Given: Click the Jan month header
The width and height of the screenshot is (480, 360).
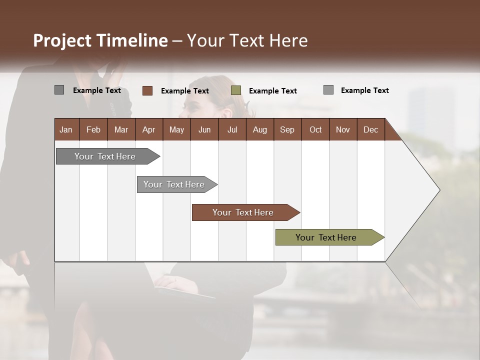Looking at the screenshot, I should [x=66, y=129].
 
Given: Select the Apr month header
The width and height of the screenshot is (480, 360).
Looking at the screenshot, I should [x=148, y=129].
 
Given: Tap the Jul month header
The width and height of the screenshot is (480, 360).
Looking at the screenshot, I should [x=232, y=129].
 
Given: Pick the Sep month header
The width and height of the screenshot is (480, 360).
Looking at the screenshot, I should [x=287, y=129].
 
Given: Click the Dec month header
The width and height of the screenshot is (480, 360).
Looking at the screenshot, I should [x=370, y=129].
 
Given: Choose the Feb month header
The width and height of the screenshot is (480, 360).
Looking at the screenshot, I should [x=93, y=129].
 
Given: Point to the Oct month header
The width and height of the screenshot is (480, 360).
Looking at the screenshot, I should [x=315, y=129].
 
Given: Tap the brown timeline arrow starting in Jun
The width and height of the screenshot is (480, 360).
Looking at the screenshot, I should [x=243, y=212].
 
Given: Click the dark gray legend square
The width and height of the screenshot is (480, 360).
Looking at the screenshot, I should [x=59, y=90].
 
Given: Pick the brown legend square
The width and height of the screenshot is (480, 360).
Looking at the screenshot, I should [x=147, y=90].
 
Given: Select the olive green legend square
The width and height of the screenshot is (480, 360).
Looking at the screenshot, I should [x=236, y=90].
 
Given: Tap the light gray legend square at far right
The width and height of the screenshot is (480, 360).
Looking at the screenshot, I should [x=328, y=90].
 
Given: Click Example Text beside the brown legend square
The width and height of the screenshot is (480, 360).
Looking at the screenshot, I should [x=185, y=91].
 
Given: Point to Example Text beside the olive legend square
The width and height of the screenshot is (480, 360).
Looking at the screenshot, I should [x=273, y=91].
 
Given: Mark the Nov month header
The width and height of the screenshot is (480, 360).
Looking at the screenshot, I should [x=343, y=129].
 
